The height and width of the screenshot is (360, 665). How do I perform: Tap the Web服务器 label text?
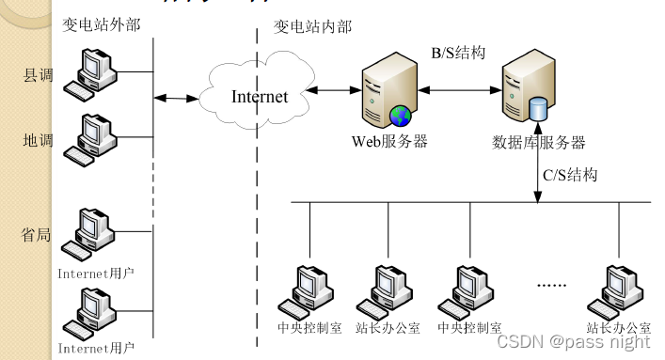389,142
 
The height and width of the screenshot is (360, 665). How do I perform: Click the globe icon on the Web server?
401,116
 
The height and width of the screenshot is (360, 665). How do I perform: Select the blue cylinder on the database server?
540,109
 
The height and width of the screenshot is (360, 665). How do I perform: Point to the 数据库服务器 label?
539,143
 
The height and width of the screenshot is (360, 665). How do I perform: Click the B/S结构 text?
458,53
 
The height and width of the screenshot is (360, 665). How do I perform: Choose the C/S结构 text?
569,175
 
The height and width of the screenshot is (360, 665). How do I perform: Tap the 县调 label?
37,74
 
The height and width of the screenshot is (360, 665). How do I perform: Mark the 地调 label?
37,140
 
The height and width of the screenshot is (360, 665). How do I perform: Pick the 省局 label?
37,234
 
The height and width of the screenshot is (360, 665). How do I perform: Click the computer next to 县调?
92,75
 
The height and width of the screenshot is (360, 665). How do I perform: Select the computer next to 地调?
92,140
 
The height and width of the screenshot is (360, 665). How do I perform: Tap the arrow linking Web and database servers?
457,91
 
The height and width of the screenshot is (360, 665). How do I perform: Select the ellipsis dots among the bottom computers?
551,283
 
